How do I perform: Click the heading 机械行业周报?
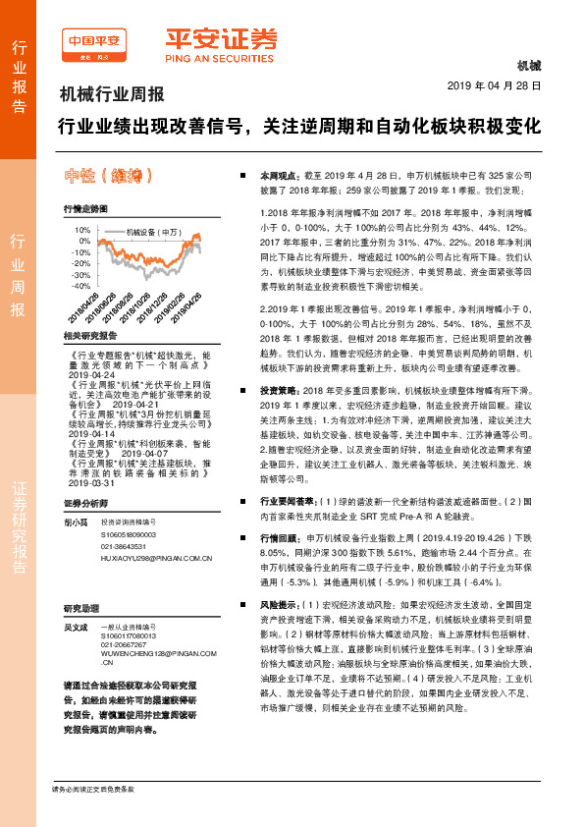(112, 96)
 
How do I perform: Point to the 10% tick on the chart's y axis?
(80, 228)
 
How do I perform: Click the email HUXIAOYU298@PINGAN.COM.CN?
(157, 557)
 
